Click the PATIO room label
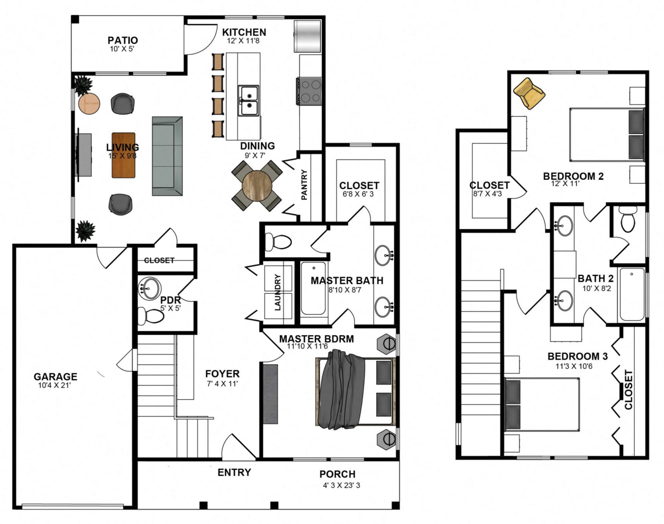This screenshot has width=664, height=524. point(122,40)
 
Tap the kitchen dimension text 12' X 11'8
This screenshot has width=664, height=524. point(244,41)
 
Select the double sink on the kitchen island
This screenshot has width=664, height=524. point(249,101)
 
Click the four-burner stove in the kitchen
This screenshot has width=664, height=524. point(309,91)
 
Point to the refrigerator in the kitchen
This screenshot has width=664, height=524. point(308,36)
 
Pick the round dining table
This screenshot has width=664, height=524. point(257,185)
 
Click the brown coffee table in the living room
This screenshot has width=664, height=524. point(123,155)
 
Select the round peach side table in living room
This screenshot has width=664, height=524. point(89,104)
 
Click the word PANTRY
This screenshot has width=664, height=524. point(304,185)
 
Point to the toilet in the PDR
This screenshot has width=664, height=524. point(151,316)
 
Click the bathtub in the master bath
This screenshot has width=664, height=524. point(314,288)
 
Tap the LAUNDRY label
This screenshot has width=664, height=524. point(278,292)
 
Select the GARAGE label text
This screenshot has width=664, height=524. point(56,376)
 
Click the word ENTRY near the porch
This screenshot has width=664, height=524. point(234,472)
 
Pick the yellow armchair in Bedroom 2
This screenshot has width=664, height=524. point(529,93)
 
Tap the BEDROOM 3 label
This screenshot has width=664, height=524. point(578,356)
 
